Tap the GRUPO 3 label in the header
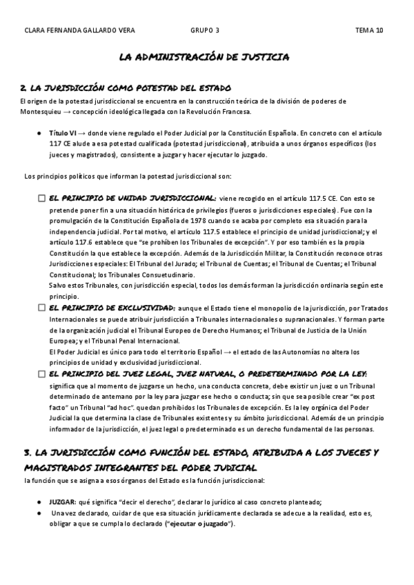pyautogui.click(x=206, y=30)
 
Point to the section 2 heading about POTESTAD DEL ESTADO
pyautogui.click(x=126, y=88)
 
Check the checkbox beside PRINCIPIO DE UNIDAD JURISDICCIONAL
pyautogui.click(x=42, y=199)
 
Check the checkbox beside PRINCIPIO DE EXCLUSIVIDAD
pyautogui.click(x=42, y=308)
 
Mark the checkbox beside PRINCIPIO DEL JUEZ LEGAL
pyautogui.click(x=42, y=374)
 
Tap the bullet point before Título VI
pyautogui.click(x=41, y=132)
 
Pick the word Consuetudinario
pyautogui.click(x=161, y=275)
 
